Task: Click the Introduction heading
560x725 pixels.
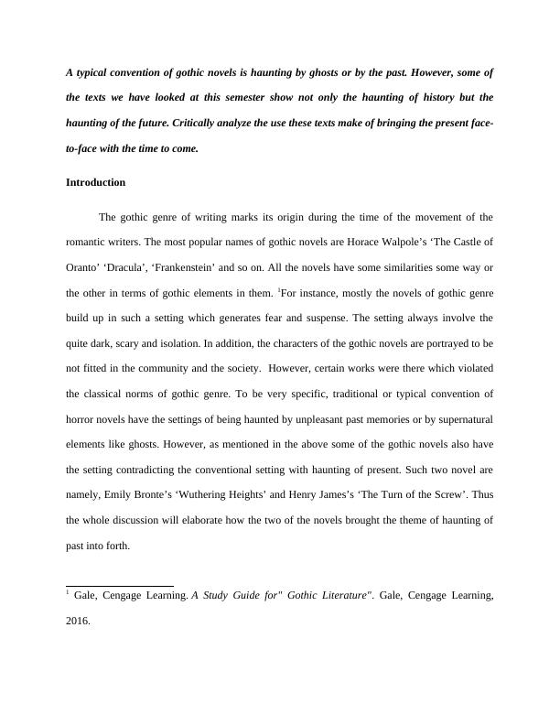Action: pos(95,182)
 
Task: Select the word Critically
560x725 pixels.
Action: pos(197,122)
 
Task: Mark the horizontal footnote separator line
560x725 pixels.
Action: pos(120,585)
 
